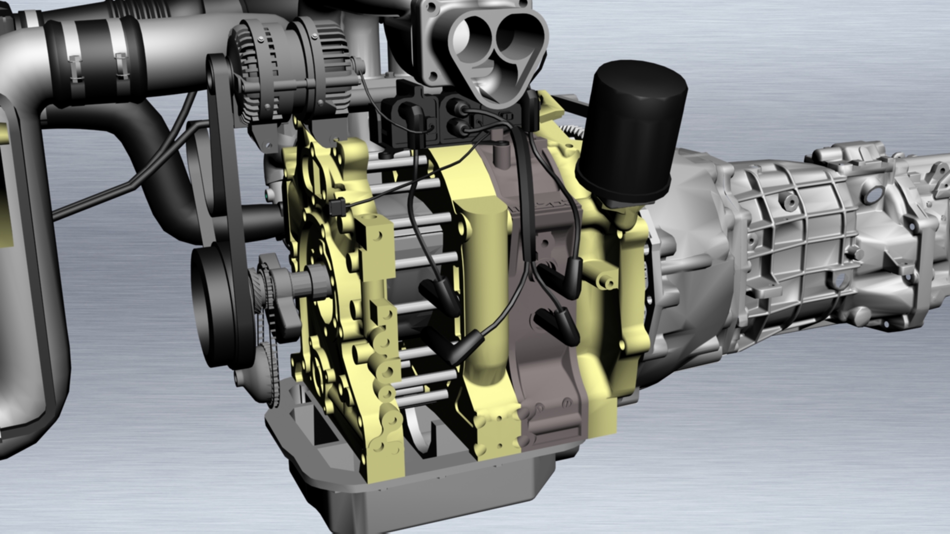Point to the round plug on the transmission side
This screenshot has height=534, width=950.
(873, 196)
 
